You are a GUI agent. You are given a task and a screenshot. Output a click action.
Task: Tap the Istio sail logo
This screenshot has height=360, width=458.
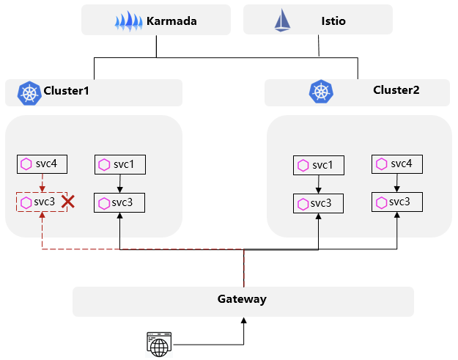[282, 21]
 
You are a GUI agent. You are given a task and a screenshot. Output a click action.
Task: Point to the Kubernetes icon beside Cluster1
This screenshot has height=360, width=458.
[29, 92]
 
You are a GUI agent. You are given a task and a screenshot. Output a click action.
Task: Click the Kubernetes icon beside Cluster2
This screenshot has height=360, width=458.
[321, 92]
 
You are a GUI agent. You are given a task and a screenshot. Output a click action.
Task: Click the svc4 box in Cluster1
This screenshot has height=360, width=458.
[43, 164]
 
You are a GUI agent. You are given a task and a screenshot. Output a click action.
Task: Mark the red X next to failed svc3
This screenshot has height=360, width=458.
[68, 202]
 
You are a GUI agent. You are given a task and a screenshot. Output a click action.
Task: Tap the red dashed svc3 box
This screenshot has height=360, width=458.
[42, 202]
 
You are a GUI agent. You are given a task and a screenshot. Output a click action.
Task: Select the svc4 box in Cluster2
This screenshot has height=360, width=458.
[396, 164]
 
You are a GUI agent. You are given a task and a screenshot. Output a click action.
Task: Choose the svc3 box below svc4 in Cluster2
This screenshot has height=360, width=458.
[396, 202]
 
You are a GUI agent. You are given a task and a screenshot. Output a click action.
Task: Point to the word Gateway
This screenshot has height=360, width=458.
[242, 299]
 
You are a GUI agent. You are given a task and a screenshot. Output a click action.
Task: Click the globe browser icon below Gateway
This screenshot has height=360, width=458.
[158, 344]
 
